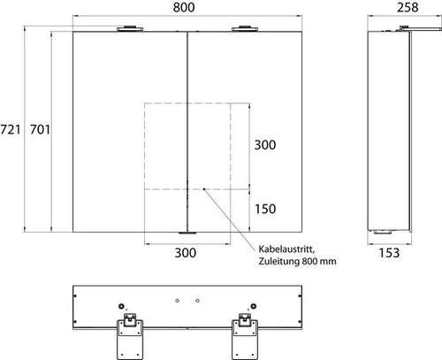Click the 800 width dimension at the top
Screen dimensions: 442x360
[184, 7]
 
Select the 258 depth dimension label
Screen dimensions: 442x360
[408, 7]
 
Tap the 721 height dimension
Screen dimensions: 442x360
[11, 129]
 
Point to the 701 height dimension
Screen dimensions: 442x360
[40, 129]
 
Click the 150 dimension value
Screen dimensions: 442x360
[265, 209]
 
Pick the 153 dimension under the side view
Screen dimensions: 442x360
[389, 253]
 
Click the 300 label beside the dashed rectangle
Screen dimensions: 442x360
[265, 145]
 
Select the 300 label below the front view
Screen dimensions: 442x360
[186, 253]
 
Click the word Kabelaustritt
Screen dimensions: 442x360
[286, 249]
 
